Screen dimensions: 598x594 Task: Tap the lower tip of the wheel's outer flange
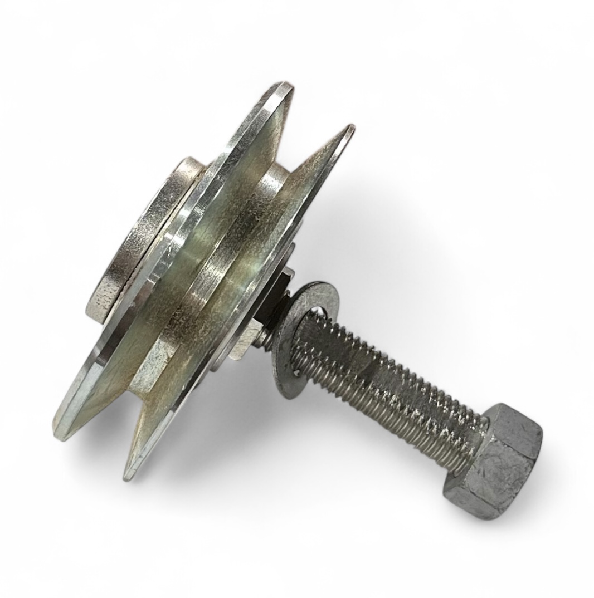pyautogui.click(x=61, y=432)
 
